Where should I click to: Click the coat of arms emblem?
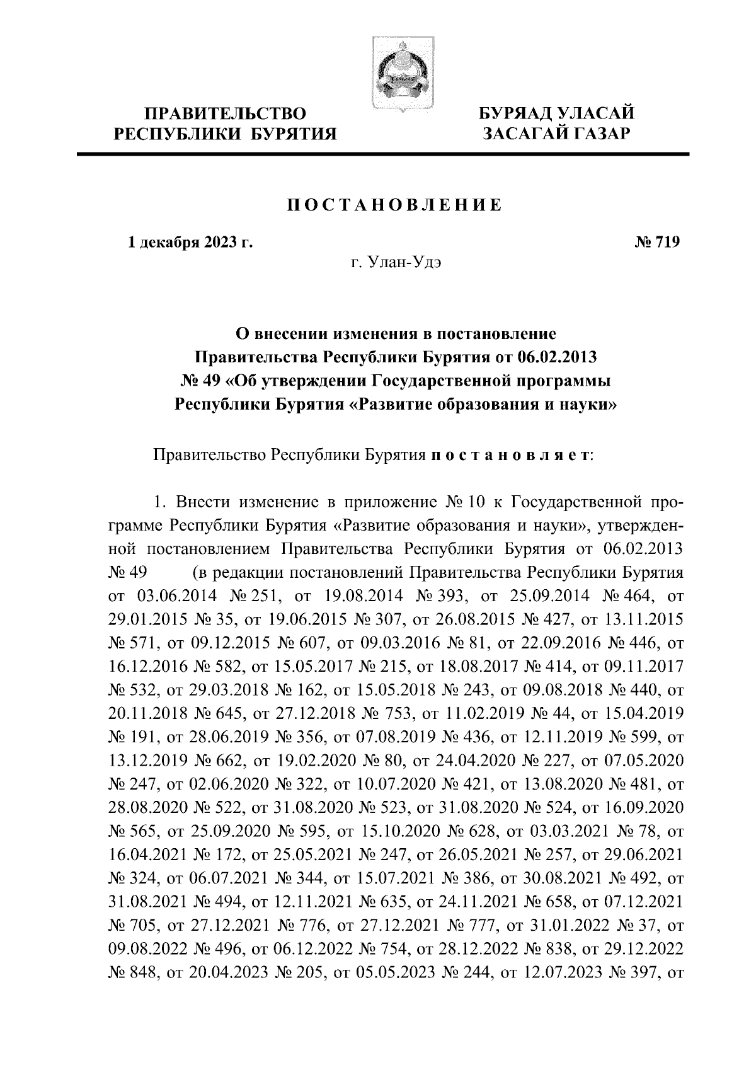coord(399,72)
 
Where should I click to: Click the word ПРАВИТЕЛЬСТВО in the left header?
coord(226,114)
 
